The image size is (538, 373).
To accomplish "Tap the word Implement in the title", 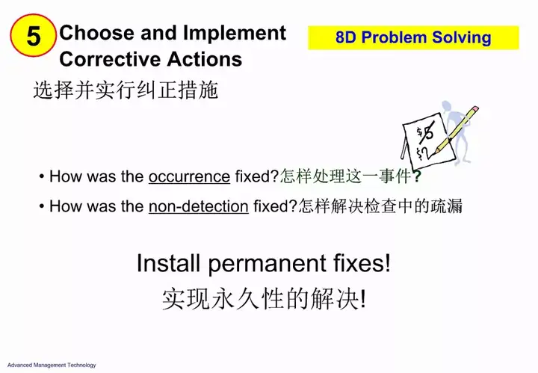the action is pyautogui.click(x=235, y=34).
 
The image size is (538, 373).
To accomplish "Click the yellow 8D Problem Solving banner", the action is pyautogui.click(x=413, y=37).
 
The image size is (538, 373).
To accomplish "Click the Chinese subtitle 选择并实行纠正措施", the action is pyautogui.click(x=126, y=90).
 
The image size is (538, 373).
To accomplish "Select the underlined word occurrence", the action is pyautogui.click(x=189, y=176).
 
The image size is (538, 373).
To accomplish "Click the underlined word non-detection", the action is pyautogui.click(x=199, y=206).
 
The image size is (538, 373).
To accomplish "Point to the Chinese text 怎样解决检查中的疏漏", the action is pyautogui.click(x=380, y=206).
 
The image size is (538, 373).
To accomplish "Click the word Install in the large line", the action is pyautogui.click(x=168, y=263).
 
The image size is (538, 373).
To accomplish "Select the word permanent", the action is pyautogui.click(x=268, y=264).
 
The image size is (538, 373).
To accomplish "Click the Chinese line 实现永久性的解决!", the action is pyautogui.click(x=264, y=299).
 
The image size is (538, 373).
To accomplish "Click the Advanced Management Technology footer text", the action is pyautogui.click(x=52, y=365).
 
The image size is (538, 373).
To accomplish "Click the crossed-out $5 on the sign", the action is pyautogui.click(x=425, y=132).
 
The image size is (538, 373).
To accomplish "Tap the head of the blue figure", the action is pyautogui.click(x=447, y=107).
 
